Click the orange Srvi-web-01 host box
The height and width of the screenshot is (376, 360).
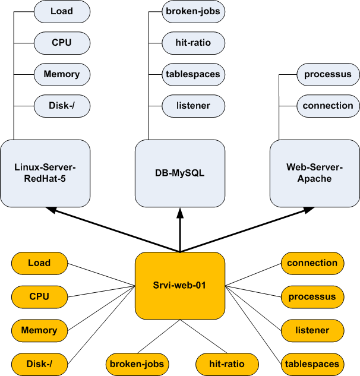pyautogui.click(x=180, y=285)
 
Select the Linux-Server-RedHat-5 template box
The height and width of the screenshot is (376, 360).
pyautogui.click(x=45, y=172)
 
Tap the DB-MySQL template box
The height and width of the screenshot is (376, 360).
pyautogui.click(x=180, y=172)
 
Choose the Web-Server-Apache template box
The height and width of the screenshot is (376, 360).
pyautogui.click(x=315, y=172)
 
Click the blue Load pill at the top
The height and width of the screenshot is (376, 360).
pyautogui.click(x=62, y=11)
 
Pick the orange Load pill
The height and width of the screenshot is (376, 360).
pyautogui.click(x=39, y=263)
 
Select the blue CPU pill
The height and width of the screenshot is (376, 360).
pyautogui.click(x=62, y=43)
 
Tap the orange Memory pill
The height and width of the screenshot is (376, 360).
pyautogui.click(x=39, y=330)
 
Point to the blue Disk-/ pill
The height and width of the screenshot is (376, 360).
pyautogui.click(x=62, y=106)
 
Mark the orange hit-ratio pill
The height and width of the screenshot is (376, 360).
pyautogui.click(x=227, y=364)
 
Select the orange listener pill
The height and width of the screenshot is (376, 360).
pyautogui.click(x=312, y=330)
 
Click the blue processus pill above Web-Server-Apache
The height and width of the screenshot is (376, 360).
pyautogui.click(x=327, y=74)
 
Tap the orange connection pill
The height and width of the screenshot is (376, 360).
pyautogui.click(x=312, y=263)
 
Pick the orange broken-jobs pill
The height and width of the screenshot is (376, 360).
pyautogui.click(x=136, y=364)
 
